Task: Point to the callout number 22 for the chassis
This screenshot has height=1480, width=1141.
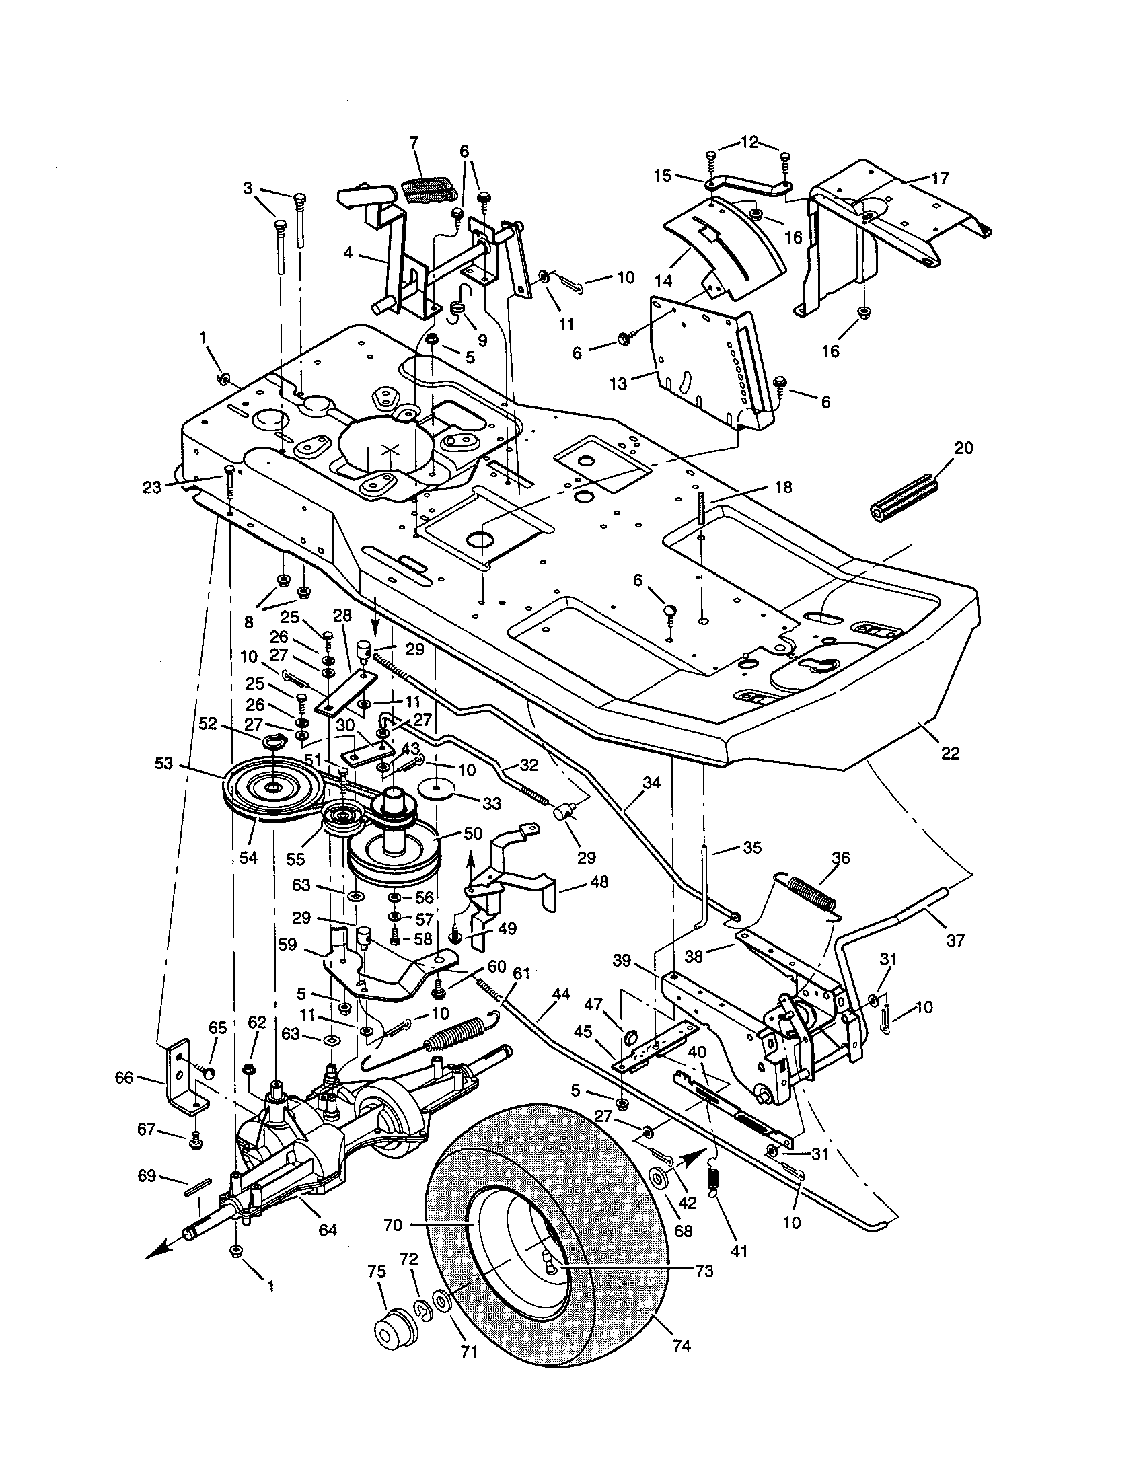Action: [x=950, y=753]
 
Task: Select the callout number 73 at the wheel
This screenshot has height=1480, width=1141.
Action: [x=704, y=1271]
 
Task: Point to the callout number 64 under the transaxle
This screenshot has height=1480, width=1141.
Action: [x=327, y=1229]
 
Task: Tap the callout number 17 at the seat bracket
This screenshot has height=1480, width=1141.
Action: [x=940, y=178]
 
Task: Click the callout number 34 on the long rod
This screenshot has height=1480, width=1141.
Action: [x=651, y=783]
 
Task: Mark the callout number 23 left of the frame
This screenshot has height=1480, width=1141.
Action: [x=153, y=486]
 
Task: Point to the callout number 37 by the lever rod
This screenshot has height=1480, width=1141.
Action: [x=954, y=940]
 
